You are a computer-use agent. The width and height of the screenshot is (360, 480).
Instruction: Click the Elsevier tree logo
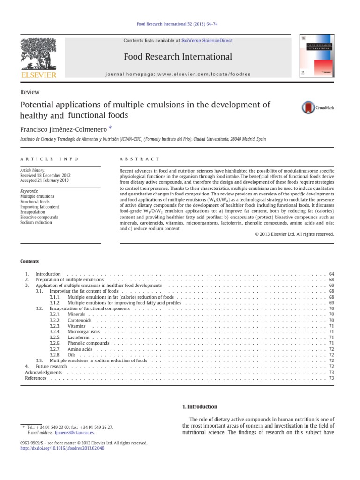38,55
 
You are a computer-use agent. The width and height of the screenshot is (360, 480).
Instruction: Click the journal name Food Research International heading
178,57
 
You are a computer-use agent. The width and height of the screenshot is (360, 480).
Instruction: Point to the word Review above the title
30,92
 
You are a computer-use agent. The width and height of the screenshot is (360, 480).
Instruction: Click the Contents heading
30,261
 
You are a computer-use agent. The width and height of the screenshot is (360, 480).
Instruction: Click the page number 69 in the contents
331,303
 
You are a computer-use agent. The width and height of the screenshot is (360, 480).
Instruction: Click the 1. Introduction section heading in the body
199,407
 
